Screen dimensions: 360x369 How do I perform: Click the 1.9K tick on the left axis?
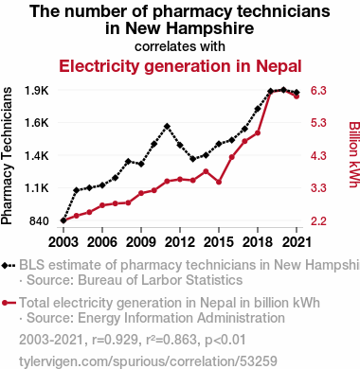[36, 91]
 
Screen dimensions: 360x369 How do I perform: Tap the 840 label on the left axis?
[39, 221]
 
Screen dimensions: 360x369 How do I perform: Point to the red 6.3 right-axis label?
[318, 91]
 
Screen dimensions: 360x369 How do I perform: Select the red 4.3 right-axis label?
[318, 156]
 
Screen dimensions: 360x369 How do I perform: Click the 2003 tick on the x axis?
[63, 242]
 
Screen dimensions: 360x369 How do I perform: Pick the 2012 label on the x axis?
[180, 242]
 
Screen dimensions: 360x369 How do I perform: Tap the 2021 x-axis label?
[297, 242]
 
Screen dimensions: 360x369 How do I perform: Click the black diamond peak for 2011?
[167, 127]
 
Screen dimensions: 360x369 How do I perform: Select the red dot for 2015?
[219, 182]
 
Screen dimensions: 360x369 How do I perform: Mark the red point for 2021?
[297, 97]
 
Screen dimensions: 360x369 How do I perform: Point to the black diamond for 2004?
[77, 190]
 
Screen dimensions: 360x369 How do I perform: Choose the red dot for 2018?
[258, 133]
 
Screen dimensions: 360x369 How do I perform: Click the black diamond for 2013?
[193, 159]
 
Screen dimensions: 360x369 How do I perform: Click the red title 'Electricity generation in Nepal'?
[180, 66]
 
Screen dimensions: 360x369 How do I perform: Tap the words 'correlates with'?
[180, 46]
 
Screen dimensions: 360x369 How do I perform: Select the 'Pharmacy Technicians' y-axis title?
[7, 156]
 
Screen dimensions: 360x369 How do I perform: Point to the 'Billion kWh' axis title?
[354, 154]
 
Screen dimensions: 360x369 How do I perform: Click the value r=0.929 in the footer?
[115, 341]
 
